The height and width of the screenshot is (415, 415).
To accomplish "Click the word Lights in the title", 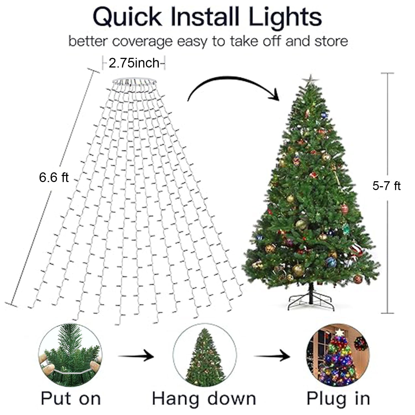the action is [285, 17].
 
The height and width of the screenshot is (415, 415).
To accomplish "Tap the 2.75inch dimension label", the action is [134, 63].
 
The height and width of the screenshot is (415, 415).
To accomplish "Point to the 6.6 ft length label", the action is [54, 177].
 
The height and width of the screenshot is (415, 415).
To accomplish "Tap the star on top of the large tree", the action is [311, 79].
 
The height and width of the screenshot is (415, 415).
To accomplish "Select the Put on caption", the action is [71, 399].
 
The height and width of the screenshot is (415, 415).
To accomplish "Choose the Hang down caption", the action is [204, 399].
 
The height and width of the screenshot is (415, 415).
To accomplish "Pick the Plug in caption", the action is [338, 399].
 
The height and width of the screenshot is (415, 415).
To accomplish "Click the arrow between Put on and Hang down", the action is [136, 356].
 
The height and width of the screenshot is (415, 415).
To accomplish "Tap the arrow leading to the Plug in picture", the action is [272, 356].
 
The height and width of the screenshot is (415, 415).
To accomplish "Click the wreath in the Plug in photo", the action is [360, 344].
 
